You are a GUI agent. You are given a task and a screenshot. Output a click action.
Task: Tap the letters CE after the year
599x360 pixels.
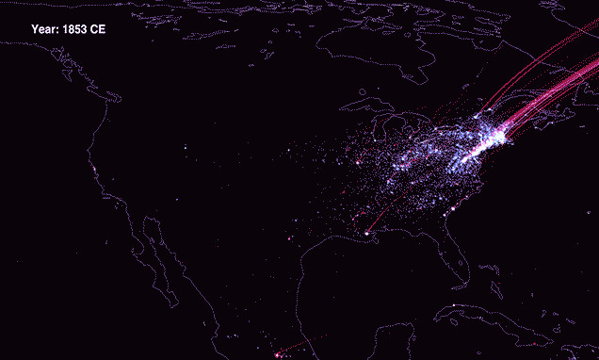pos(98,29)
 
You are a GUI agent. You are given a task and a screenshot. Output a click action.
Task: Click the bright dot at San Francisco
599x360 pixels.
pos(96,170)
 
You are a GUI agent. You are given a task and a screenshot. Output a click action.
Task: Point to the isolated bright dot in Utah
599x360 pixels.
pos(185,148)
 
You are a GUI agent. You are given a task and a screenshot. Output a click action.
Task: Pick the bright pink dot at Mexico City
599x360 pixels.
pos(276,354)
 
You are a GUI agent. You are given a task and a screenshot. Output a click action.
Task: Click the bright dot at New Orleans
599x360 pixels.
pos(366,233)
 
